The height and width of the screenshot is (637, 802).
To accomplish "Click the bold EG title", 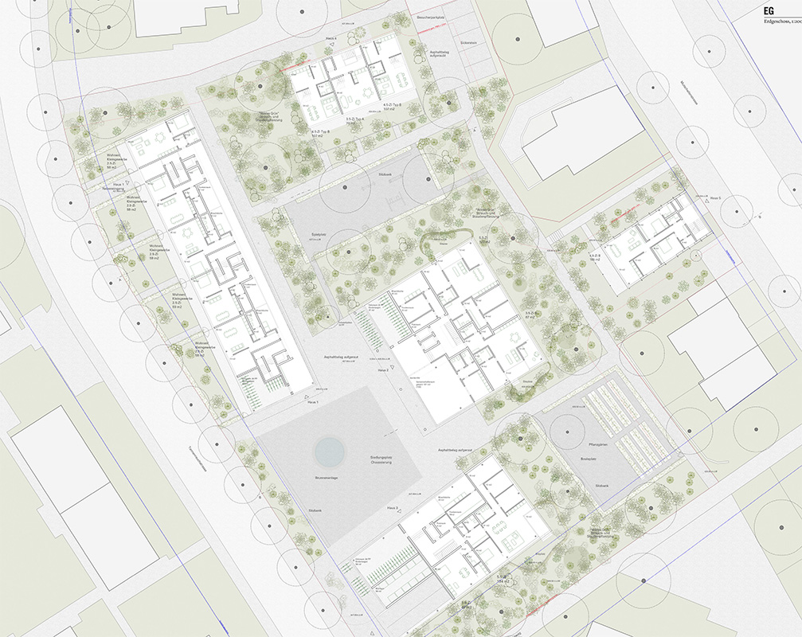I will (x=769, y=10).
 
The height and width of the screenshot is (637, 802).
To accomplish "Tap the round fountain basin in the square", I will (x=330, y=451).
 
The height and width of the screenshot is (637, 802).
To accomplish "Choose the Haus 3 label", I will (x=392, y=507).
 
